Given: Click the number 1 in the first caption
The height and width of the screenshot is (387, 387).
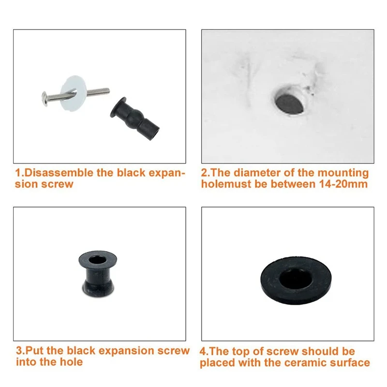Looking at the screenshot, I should (x=18, y=173).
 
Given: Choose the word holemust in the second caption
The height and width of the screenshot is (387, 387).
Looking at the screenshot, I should (x=223, y=184).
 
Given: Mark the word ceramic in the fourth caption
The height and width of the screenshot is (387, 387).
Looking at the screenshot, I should (x=303, y=362).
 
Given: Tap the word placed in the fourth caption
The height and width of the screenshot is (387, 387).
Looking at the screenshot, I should (x=216, y=362).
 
